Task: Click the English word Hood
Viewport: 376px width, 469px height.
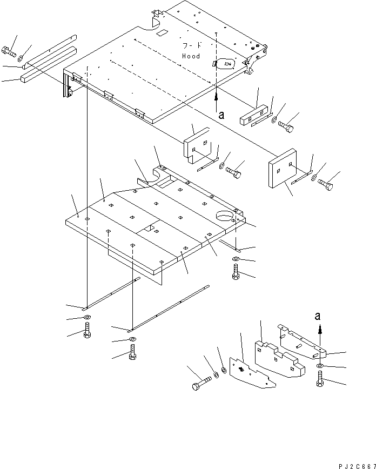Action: pyautogui.click(x=191, y=56)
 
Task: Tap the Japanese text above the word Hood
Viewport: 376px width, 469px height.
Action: pyautogui.click(x=191, y=45)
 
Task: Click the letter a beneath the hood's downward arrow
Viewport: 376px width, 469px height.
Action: pyautogui.click(x=221, y=115)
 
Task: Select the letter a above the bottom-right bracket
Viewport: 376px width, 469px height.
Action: pyautogui.click(x=318, y=316)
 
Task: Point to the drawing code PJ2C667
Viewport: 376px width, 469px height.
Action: pyautogui.click(x=357, y=466)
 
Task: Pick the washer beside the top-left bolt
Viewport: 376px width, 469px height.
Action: pyautogui.click(x=22, y=58)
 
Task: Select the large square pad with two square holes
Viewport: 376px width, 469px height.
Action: pyautogui.click(x=283, y=168)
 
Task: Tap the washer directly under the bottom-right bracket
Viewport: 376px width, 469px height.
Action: pyautogui.click(x=320, y=365)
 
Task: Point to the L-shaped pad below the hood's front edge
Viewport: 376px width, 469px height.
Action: pyautogui.click(x=196, y=145)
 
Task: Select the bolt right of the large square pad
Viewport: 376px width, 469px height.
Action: pyautogui.click(x=325, y=185)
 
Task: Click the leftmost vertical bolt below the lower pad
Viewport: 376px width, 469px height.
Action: pyautogui.click(x=87, y=331)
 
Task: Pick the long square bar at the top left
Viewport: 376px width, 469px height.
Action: pyautogui.click(x=49, y=64)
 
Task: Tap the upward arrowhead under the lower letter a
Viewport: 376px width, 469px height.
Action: pyautogui.click(x=320, y=331)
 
